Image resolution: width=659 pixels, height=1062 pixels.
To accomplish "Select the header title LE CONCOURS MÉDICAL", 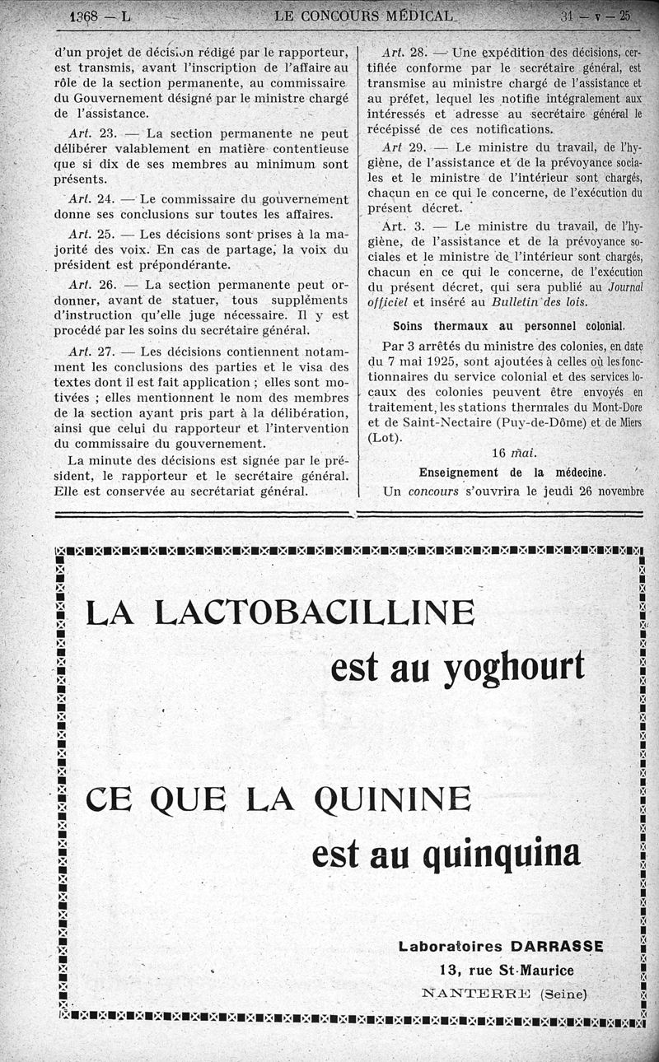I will (367, 16).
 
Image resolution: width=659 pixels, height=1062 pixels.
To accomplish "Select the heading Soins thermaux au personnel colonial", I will (509, 325).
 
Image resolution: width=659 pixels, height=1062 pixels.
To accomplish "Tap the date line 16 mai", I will (513, 453).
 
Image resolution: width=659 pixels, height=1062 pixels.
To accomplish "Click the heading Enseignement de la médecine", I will (512, 473).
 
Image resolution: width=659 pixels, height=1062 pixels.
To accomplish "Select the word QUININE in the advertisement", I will (393, 799).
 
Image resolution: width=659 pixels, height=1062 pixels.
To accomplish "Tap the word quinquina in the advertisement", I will (501, 854).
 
